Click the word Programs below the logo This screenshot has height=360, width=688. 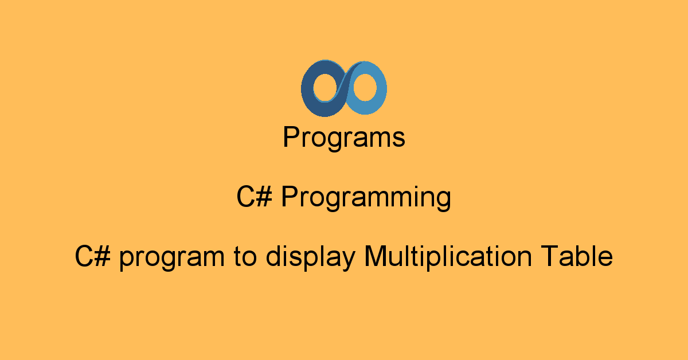(x=344, y=138)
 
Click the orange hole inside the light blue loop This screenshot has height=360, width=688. (x=364, y=88)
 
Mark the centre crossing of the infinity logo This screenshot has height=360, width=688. (x=344, y=88)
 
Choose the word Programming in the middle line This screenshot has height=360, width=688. (x=366, y=198)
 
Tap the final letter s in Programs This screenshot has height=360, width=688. (x=400, y=140)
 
